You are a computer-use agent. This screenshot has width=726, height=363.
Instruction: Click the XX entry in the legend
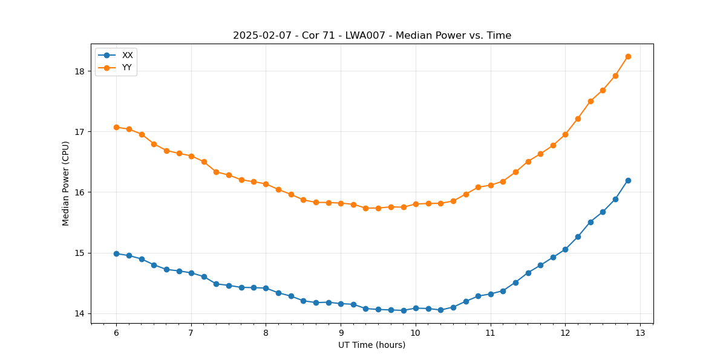127,55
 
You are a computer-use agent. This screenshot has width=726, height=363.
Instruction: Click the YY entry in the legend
127,67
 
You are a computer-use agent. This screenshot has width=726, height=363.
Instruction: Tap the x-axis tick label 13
640,333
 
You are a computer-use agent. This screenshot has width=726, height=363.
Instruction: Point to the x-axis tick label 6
116,333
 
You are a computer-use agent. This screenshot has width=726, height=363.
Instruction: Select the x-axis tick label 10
416,333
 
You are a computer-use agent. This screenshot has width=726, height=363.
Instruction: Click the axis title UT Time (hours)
371,345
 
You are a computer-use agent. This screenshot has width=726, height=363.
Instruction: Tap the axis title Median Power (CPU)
66,183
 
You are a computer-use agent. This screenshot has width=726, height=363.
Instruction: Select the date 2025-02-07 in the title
261,36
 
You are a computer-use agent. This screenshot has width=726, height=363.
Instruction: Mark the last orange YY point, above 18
628,56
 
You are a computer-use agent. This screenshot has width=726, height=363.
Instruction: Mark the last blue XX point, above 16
628,180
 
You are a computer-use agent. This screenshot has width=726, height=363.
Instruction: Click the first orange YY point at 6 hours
116,127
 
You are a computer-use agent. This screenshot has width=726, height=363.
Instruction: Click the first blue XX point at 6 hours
116,253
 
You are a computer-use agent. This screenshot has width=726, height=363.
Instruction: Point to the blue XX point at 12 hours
565,249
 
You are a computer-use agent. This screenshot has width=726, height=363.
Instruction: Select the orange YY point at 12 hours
565,134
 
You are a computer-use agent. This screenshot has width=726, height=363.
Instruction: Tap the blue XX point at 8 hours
266,288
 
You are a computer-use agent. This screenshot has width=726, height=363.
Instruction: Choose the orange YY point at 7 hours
191,156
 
